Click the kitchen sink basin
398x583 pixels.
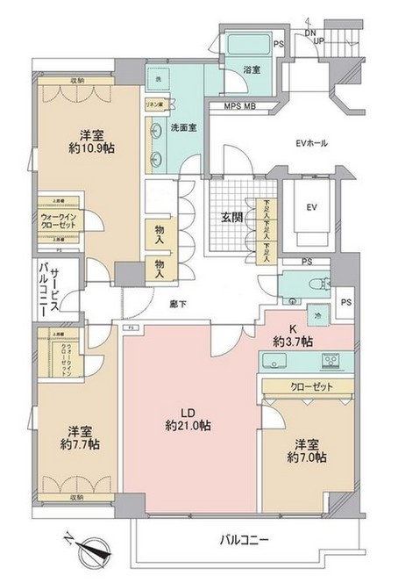click(x=278, y=361)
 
